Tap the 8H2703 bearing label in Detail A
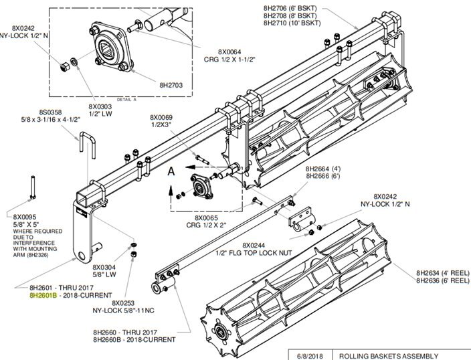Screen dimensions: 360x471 [x=172, y=85]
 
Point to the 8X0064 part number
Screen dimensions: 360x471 [x=231, y=51]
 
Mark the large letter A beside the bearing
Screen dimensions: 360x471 [x=171, y=171]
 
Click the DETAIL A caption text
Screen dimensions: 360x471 [x=126, y=98]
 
